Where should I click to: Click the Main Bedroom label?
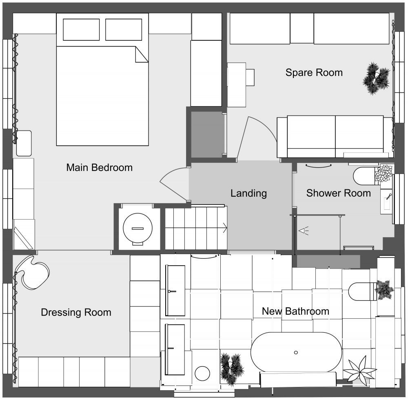coord(100,167)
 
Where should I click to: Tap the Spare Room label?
coord(314,73)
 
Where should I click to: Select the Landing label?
coord(249,193)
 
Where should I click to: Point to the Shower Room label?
coord(339,193)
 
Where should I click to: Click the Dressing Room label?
coord(76,312)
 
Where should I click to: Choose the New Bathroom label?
coord(295,311)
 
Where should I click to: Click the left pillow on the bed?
coord(81,29)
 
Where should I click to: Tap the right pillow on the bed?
coord(124,29)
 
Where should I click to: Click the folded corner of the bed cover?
coord(142,54)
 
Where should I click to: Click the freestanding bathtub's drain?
coord(296,353)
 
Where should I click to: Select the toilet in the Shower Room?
coord(364,176)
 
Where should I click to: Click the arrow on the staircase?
coord(225,228)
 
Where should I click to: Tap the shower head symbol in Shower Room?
coord(304,231)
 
